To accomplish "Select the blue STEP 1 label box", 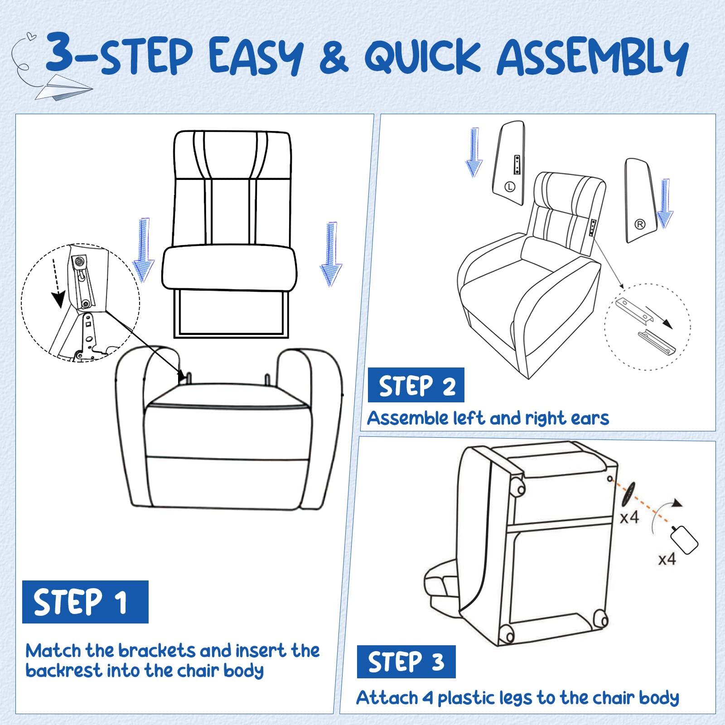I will [x=85, y=601].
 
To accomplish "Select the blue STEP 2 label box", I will [x=416, y=385].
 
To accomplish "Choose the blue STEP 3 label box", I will [x=406, y=662].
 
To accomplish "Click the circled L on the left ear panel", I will [x=510, y=186].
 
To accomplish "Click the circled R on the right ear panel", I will [x=640, y=224].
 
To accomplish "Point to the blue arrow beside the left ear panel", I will [x=474, y=152].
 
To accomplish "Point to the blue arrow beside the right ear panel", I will [x=665, y=203].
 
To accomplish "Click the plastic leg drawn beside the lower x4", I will [x=685, y=539].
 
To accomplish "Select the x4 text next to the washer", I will [x=629, y=517].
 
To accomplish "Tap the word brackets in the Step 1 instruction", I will [x=158, y=651].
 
